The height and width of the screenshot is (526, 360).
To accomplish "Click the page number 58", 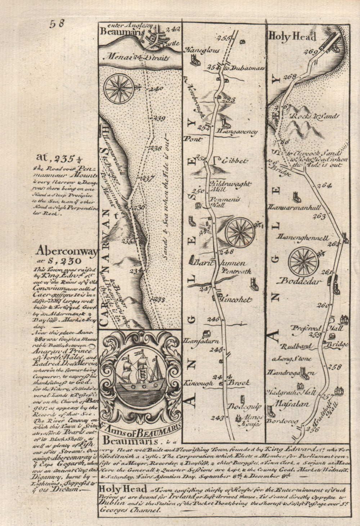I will click(x=57, y=24).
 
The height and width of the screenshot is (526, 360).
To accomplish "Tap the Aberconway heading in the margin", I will click(x=67, y=252).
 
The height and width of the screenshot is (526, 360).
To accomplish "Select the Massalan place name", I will click(x=292, y=404).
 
